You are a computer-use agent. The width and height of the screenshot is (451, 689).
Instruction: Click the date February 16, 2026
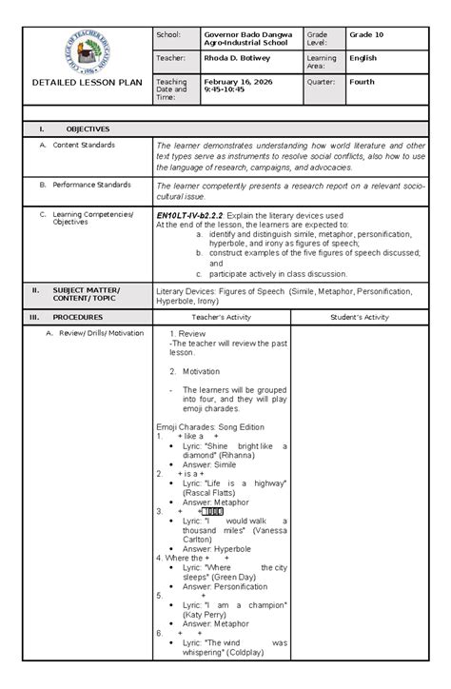point(237,83)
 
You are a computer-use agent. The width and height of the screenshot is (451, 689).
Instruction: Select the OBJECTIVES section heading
point(88,128)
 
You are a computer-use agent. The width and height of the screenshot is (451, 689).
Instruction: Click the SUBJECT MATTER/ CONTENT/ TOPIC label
point(87,293)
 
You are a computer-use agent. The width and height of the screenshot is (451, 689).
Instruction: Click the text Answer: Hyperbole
point(214,548)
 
